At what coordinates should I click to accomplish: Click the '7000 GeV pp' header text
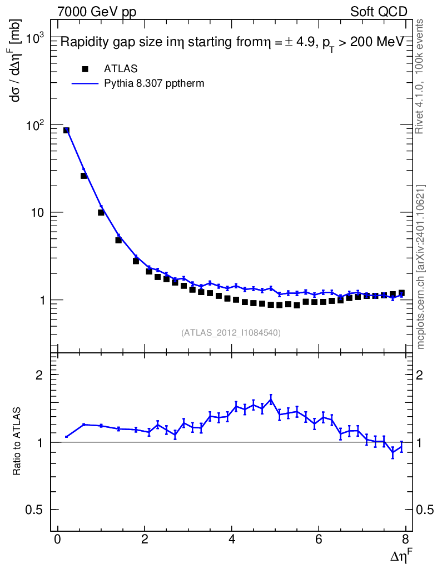click(x=97, y=11)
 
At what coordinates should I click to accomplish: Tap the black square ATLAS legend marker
click(x=85, y=69)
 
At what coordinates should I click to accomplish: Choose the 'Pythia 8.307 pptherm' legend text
click(x=154, y=84)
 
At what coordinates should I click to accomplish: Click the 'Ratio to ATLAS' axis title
click(x=17, y=442)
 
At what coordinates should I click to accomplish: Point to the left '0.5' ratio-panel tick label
click(x=35, y=510)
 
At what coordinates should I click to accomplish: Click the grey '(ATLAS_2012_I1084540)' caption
click(x=231, y=333)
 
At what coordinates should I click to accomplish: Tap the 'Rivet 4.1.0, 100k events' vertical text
click(x=420, y=76)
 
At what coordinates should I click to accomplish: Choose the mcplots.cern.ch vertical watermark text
click(x=421, y=267)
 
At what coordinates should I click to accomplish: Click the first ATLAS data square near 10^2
click(x=66, y=131)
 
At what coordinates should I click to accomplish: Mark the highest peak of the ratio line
click(x=271, y=399)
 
